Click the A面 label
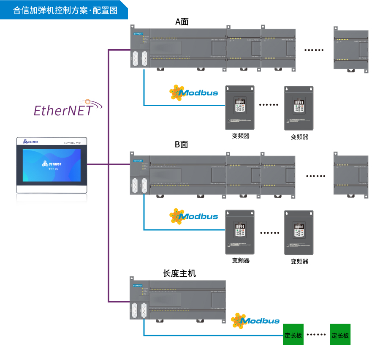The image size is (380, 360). coord(182,22)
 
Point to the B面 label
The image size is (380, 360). coord(182,145)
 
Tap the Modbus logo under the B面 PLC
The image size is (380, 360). coord(194,216)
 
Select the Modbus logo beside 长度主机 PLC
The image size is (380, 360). coord(255,321)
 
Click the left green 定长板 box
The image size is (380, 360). coord(293,335)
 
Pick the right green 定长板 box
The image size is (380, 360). coord(340,335)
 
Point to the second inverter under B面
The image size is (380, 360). coord(299,232)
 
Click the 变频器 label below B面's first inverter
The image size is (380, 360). coord(240,260)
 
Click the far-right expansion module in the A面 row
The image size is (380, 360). coord(351,49)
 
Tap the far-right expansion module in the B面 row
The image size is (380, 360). coord(351,174)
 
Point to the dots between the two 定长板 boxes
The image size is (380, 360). coord(317,335)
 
